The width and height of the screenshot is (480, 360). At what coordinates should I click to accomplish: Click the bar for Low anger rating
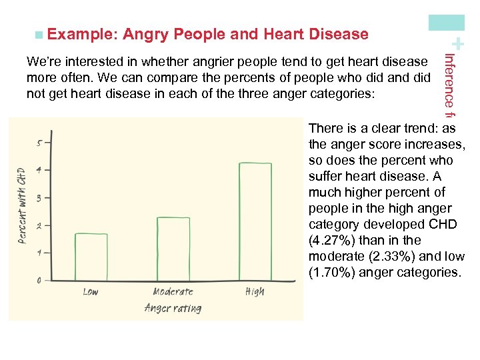click(x=91, y=257)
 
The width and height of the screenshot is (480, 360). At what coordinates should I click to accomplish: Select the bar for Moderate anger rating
click(x=173, y=249)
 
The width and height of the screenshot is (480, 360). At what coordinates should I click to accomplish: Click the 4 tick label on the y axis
click(x=40, y=170)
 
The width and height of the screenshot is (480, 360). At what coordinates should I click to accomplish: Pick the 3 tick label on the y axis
click(x=40, y=198)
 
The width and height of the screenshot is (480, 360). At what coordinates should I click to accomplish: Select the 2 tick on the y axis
click(x=40, y=225)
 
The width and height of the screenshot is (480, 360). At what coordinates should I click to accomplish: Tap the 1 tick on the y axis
click(x=40, y=253)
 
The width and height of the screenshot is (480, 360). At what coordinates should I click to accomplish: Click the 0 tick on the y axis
click(x=40, y=280)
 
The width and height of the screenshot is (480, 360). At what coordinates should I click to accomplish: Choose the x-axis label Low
click(x=91, y=291)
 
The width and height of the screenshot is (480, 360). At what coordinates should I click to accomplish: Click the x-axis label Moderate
click(x=173, y=291)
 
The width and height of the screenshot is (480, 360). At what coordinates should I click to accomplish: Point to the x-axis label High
click(x=255, y=291)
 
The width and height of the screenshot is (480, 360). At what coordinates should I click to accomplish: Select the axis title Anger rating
click(x=173, y=308)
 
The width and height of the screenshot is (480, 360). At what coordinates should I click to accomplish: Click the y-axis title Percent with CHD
click(x=21, y=205)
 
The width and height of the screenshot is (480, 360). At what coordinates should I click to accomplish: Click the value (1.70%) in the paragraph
click(x=332, y=272)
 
